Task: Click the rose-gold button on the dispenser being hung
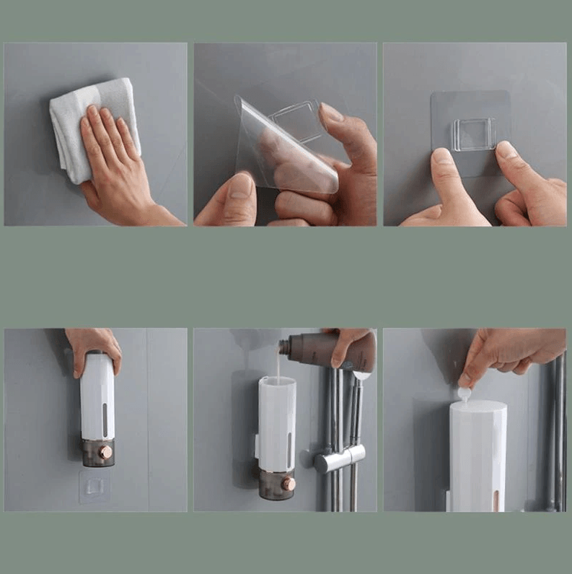tap(105, 452)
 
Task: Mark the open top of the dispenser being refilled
tap(276, 381)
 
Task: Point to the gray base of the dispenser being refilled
tap(276, 484)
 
